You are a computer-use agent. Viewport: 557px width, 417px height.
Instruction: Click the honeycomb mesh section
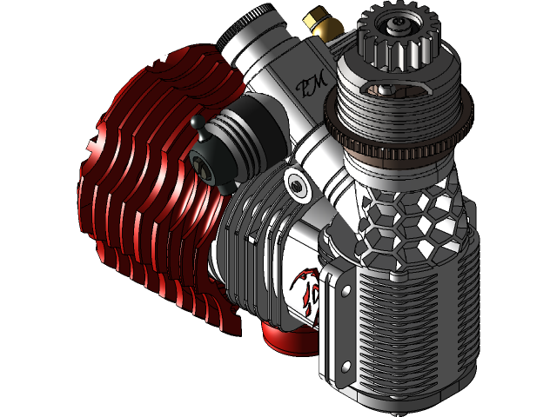[x=409, y=217]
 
